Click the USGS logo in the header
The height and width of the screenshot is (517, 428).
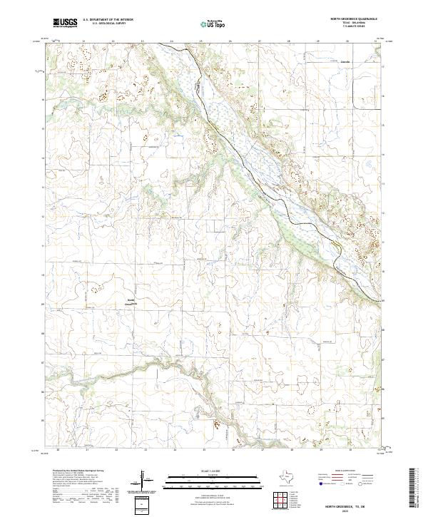click(x=65, y=24)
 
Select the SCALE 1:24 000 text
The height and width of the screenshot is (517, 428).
click(x=213, y=471)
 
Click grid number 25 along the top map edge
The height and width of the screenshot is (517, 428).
click(x=201, y=41)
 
